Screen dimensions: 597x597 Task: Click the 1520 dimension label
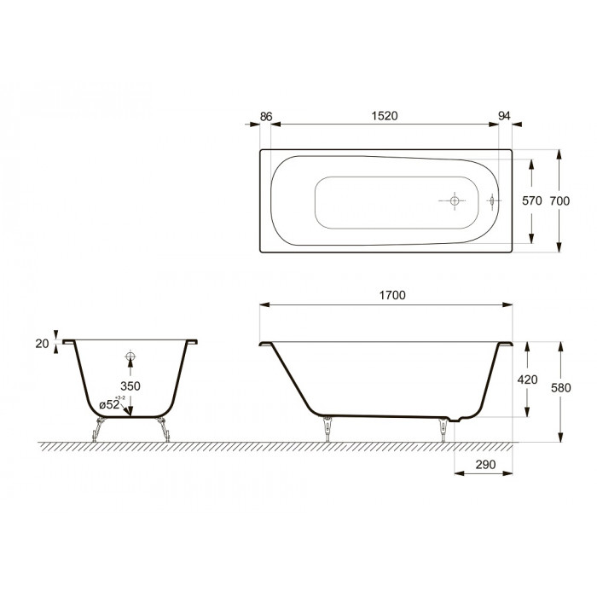point(385,113)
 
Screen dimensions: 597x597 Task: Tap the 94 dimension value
point(506,113)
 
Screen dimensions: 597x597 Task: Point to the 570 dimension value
point(532,201)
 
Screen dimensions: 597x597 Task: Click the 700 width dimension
point(559,201)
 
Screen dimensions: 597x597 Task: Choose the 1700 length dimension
point(389,294)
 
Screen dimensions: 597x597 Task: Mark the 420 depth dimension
point(528,380)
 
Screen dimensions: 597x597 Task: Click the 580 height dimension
point(559,387)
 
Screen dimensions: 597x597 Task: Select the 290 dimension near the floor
point(484,464)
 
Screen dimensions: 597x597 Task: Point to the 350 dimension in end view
point(130,385)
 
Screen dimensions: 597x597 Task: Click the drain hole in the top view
point(455,201)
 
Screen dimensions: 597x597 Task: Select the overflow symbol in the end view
point(130,356)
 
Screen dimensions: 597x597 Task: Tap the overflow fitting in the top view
point(492,201)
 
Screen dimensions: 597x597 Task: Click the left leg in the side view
point(326,428)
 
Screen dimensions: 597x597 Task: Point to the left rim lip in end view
point(69,342)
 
